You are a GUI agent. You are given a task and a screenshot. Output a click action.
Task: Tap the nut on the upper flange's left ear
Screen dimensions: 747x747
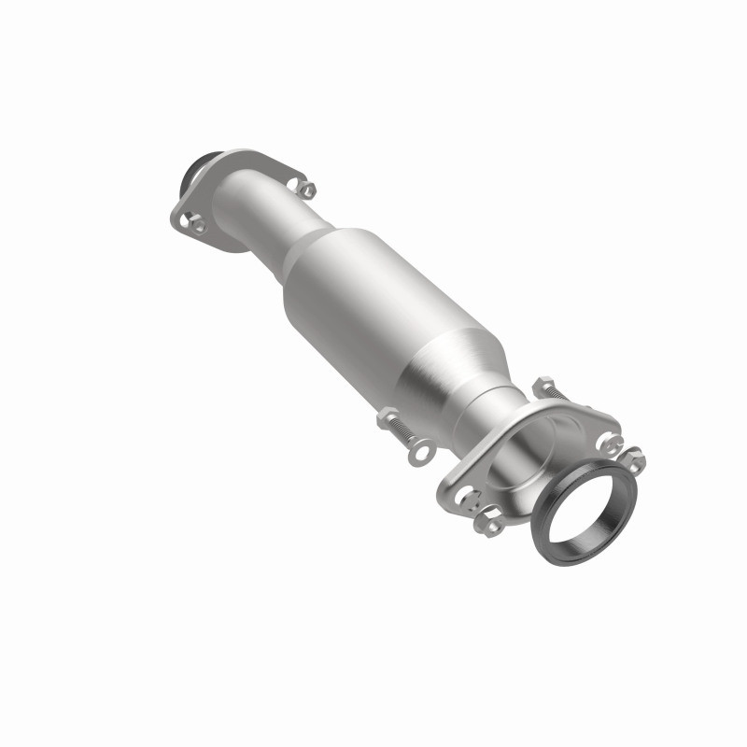coord(198,221)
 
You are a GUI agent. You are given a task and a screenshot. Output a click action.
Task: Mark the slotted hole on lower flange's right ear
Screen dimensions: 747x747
coord(607,439)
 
